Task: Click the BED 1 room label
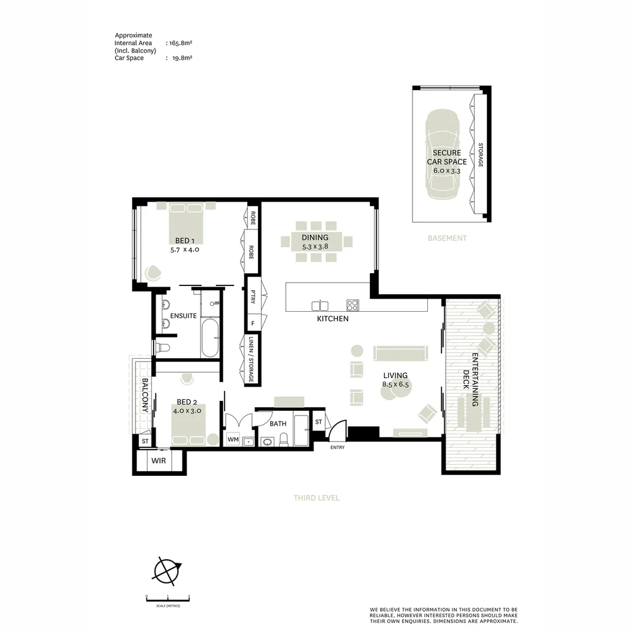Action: [185, 241]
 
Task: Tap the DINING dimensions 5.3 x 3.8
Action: [315, 246]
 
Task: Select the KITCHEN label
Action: [333, 318]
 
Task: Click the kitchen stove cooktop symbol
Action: [352, 305]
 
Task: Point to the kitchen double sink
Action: [320, 305]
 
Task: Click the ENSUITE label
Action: [183, 316]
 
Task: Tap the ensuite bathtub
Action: [210, 338]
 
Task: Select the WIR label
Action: [159, 461]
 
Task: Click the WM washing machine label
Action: [233, 439]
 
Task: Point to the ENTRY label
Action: [338, 447]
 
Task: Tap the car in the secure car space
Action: [443, 154]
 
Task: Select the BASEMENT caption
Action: [447, 238]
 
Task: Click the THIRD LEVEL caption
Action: [316, 498]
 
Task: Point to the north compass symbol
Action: [166, 571]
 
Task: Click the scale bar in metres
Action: [168, 599]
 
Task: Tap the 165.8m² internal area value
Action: [181, 43]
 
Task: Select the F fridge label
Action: [253, 324]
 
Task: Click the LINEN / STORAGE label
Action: [251, 359]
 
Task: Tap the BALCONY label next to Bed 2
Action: [145, 395]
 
